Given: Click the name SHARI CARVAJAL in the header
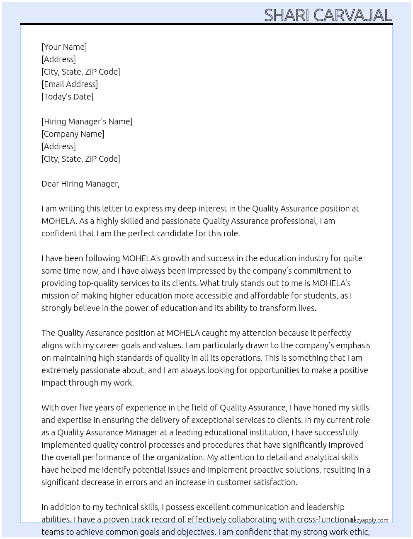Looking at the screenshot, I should tap(328, 15).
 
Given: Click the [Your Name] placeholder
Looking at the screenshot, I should tap(64, 47).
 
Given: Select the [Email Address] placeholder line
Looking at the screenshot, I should tap(70, 84).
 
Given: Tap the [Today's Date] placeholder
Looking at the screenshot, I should tap(67, 97).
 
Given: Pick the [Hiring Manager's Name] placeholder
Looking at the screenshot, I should tap(87, 121).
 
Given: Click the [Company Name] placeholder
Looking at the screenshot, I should tap(73, 134).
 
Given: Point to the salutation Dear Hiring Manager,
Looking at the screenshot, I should tap(80, 184).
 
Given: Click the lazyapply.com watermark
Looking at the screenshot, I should tap(369, 520).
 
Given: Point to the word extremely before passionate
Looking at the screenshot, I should tap(60, 370).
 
